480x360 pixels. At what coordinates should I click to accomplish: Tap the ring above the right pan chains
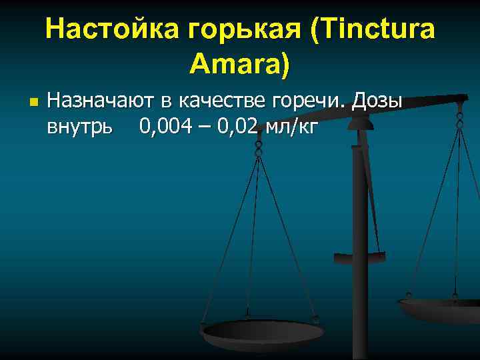click(459, 120)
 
